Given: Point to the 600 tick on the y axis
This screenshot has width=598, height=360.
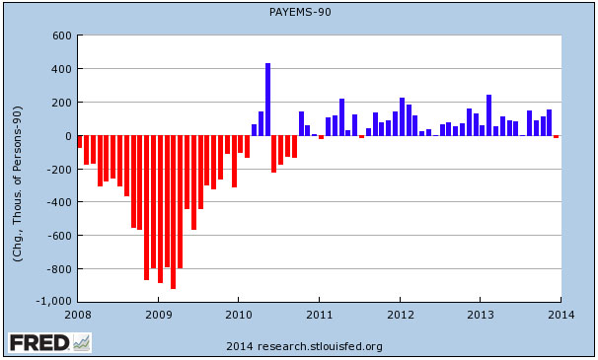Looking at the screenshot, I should point(60,36).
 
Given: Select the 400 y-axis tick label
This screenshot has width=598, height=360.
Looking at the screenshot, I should point(60,69).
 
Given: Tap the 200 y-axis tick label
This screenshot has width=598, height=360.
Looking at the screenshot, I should point(60,103).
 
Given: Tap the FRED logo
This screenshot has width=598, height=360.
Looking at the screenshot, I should point(49,343).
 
